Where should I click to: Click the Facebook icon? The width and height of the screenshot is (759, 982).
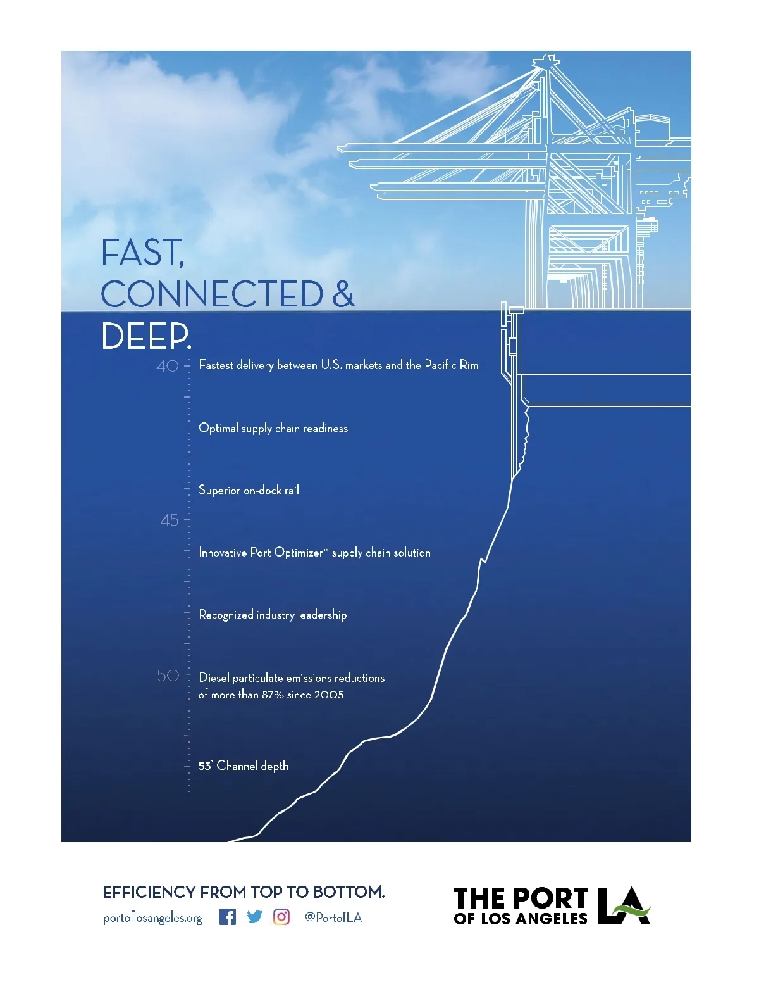click(228, 917)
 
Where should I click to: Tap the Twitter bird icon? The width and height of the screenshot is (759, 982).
click(254, 917)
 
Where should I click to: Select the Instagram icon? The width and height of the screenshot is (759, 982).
click(281, 917)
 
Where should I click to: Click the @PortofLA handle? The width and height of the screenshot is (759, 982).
click(333, 917)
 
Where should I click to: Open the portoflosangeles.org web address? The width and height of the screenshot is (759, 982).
click(153, 918)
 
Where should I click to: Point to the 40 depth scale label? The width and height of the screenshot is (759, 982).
click(168, 365)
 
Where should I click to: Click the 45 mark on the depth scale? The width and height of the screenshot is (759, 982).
click(170, 520)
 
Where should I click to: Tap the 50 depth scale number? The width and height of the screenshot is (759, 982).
click(168, 675)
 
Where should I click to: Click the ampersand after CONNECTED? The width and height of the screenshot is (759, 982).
click(343, 293)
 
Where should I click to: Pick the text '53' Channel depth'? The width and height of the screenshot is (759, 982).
click(244, 765)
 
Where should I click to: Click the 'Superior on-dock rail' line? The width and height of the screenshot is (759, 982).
click(249, 490)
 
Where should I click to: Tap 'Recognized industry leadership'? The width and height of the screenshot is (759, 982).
click(273, 615)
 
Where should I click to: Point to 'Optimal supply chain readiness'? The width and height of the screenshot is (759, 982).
click(273, 428)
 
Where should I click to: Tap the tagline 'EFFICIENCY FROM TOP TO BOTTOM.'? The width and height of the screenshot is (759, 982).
click(244, 891)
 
